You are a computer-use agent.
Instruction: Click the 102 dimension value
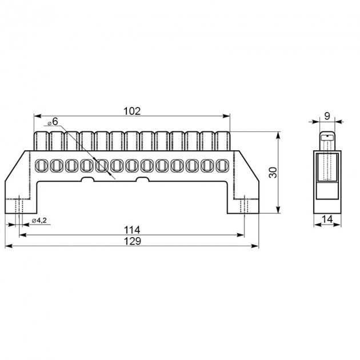click(x=132, y=111)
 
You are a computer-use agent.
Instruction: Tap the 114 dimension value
click(x=132, y=230)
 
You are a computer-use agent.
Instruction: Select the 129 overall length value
click(x=132, y=241)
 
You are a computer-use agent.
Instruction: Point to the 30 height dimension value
click(x=273, y=173)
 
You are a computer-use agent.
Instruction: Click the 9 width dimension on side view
click(x=327, y=116)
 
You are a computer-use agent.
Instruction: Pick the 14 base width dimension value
click(x=327, y=219)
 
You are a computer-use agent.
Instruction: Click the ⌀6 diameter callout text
click(x=53, y=122)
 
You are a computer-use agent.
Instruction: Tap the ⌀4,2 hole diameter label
click(x=39, y=221)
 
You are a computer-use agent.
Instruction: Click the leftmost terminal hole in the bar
click(x=41, y=165)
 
